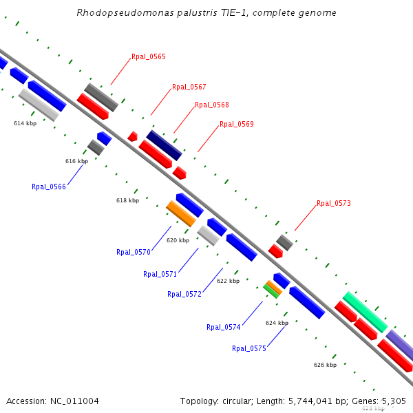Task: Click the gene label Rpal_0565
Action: coord(149,56)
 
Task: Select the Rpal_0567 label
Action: coord(189,87)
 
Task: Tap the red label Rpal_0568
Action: coord(212,105)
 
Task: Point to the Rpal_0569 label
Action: coord(237,124)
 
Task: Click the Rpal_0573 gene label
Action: coord(334,203)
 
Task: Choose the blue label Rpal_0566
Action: coord(49,187)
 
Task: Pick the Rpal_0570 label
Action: coord(134,252)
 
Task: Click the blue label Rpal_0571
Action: coord(160,274)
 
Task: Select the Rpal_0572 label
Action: coord(184,294)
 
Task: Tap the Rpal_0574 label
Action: coord(224,327)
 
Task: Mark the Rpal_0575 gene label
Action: coord(249,348)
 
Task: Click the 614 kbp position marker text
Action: coord(25,123)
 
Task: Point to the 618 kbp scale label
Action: coord(127,200)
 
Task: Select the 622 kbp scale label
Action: coord(228,281)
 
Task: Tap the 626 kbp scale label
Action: coord(325,365)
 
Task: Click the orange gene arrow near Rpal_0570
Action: coord(182,213)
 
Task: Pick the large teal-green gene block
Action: coord(365,312)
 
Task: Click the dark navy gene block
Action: coord(164,145)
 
